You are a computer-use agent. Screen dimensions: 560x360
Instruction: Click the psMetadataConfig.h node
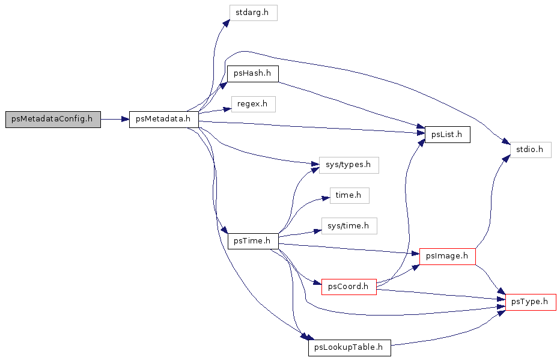pyautogui.click(x=53, y=119)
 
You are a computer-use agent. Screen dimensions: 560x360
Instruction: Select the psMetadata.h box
pyautogui.click(x=163, y=119)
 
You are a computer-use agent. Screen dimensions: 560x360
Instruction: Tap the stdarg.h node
pyautogui.click(x=253, y=13)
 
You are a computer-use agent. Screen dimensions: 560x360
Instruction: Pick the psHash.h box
pyautogui.click(x=252, y=74)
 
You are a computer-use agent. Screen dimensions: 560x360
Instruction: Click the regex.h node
pyautogui.click(x=253, y=105)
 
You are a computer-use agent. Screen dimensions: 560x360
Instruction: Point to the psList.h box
pyautogui.click(x=447, y=135)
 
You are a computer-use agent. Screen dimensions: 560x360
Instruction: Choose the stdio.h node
pyautogui.click(x=531, y=150)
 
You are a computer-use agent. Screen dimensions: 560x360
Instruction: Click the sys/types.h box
pyautogui.click(x=348, y=165)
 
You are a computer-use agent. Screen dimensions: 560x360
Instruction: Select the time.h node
pyautogui.click(x=349, y=196)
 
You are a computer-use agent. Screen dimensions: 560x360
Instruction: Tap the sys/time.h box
pyautogui.click(x=349, y=226)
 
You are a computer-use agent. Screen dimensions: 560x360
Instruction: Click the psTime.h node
pyautogui.click(x=253, y=241)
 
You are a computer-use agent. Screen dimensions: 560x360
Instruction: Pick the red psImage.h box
pyautogui.click(x=447, y=257)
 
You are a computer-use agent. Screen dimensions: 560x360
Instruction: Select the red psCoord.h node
pyautogui.click(x=349, y=287)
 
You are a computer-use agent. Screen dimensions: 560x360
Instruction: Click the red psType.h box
pyautogui.click(x=531, y=302)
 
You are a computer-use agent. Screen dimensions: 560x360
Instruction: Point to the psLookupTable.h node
pyautogui.click(x=349, y=348)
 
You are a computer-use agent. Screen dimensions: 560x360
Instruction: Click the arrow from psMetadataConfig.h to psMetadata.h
pyautogui.click(x=115, y=119)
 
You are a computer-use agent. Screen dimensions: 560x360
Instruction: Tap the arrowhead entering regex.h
pyautogui.click(x=228, y=109)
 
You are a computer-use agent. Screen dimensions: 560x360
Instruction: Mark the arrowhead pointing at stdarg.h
pyautogui.click(x=226, y=23)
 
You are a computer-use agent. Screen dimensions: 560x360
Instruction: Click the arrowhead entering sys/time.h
pyautogui.click(x=317, y=231)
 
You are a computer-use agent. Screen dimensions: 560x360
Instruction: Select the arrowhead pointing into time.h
pyautogui.click(x=326, y=198)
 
